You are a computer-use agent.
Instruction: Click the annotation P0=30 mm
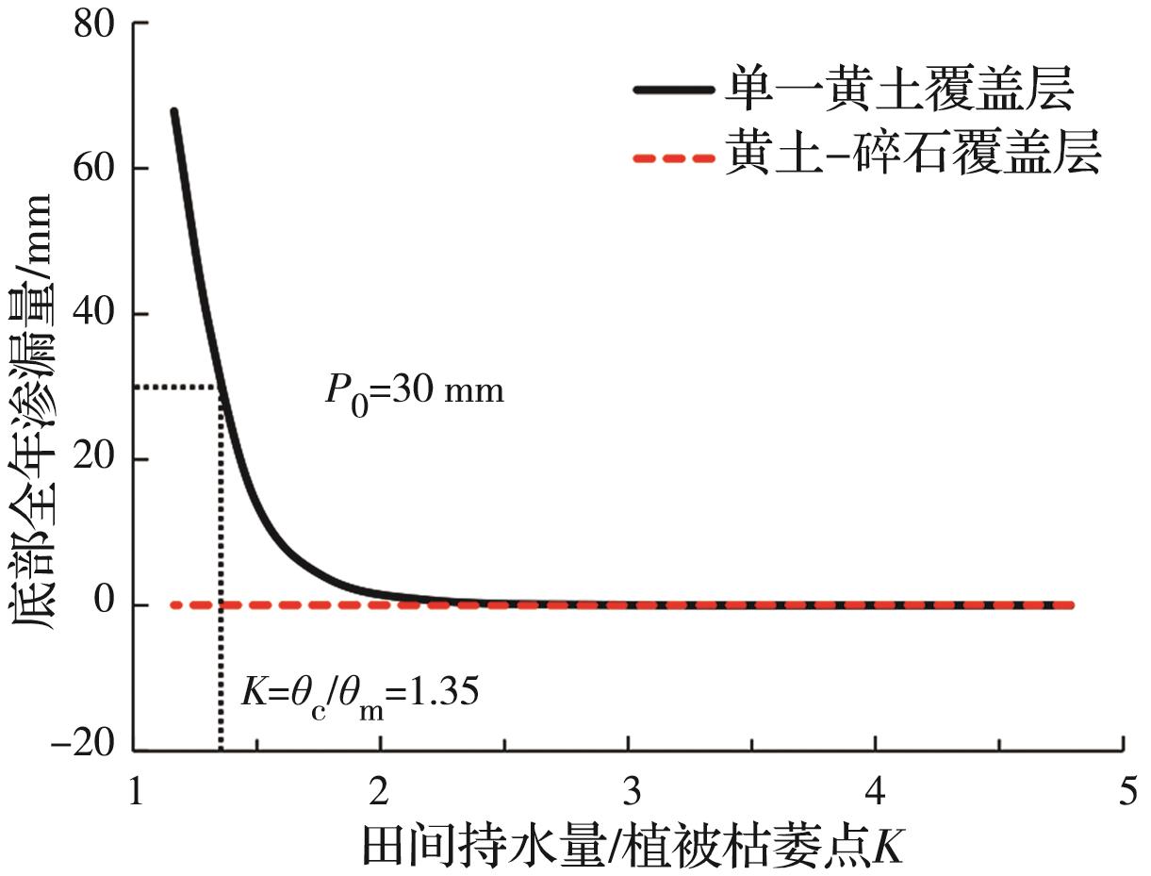(x=415, y=390)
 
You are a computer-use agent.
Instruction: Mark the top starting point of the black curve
(x=173, y=112)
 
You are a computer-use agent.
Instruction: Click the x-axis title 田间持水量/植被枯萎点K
(x=633, y=845)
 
